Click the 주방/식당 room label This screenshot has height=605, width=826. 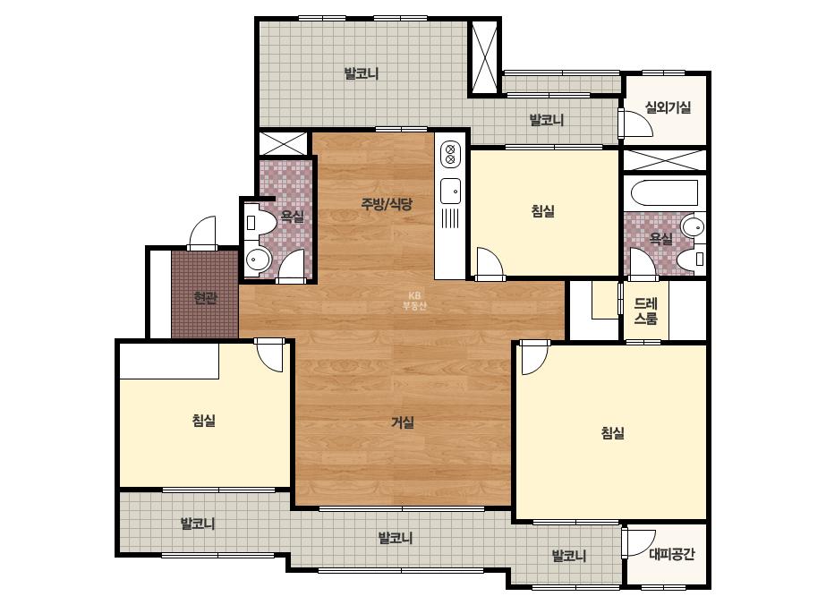pos(387,204)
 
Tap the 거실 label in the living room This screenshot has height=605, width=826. pos(403,422)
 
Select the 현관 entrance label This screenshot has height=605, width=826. pos(206,298)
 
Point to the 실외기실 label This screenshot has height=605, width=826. pos(668,107)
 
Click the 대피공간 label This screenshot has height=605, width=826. pos(672,554)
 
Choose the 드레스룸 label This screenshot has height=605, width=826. pos(646,311)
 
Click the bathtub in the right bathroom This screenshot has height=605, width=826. pos(664,193)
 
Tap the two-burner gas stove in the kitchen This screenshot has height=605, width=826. pos(450,154)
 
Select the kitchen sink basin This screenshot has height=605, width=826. pos(450,191)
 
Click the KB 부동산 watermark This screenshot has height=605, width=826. pos(414,301)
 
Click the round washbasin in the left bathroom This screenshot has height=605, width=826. pos(258,260)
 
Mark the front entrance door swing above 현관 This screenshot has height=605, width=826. pos(202,233)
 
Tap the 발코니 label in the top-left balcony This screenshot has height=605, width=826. pos(362,73)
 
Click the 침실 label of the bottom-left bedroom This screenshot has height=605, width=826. pos(204,421)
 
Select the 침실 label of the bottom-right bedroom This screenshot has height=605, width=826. pos(613,433)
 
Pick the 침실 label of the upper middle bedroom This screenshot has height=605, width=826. pos(543,211)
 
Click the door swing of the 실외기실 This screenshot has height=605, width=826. pos(636,124)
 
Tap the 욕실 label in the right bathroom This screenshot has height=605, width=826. pos(661,239)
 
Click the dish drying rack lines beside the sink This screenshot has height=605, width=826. pos(450,217)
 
